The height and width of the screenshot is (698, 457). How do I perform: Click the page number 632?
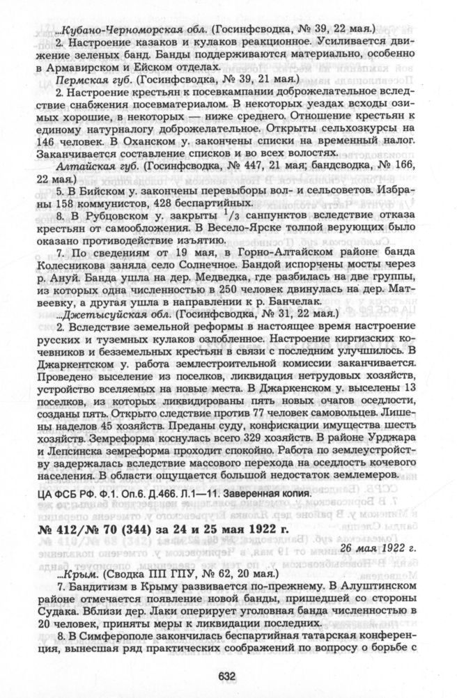(228, 675)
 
